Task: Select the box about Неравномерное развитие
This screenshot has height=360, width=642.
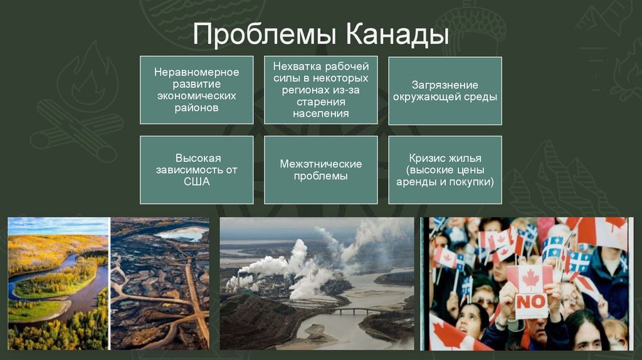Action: point(197,90)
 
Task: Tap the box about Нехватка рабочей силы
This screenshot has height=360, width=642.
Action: point(320,90)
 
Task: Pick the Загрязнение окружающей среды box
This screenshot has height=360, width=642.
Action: point(445,90)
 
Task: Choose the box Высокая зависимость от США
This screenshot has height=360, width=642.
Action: point(197,170)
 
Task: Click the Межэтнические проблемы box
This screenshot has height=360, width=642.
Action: point(320,170)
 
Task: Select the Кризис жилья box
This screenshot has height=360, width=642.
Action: point(445,170)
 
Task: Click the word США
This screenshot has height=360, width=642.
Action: point(197,182)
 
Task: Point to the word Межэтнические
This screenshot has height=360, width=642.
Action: point(320,164)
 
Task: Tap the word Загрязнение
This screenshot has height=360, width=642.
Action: point(445,85)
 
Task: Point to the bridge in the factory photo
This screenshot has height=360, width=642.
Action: point(351,310)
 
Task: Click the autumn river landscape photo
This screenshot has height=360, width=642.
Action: point(58,283)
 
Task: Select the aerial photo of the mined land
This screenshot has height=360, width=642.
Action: point(160,283)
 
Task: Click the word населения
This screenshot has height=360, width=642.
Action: point(320,114)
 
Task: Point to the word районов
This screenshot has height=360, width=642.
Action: point(197,108)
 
